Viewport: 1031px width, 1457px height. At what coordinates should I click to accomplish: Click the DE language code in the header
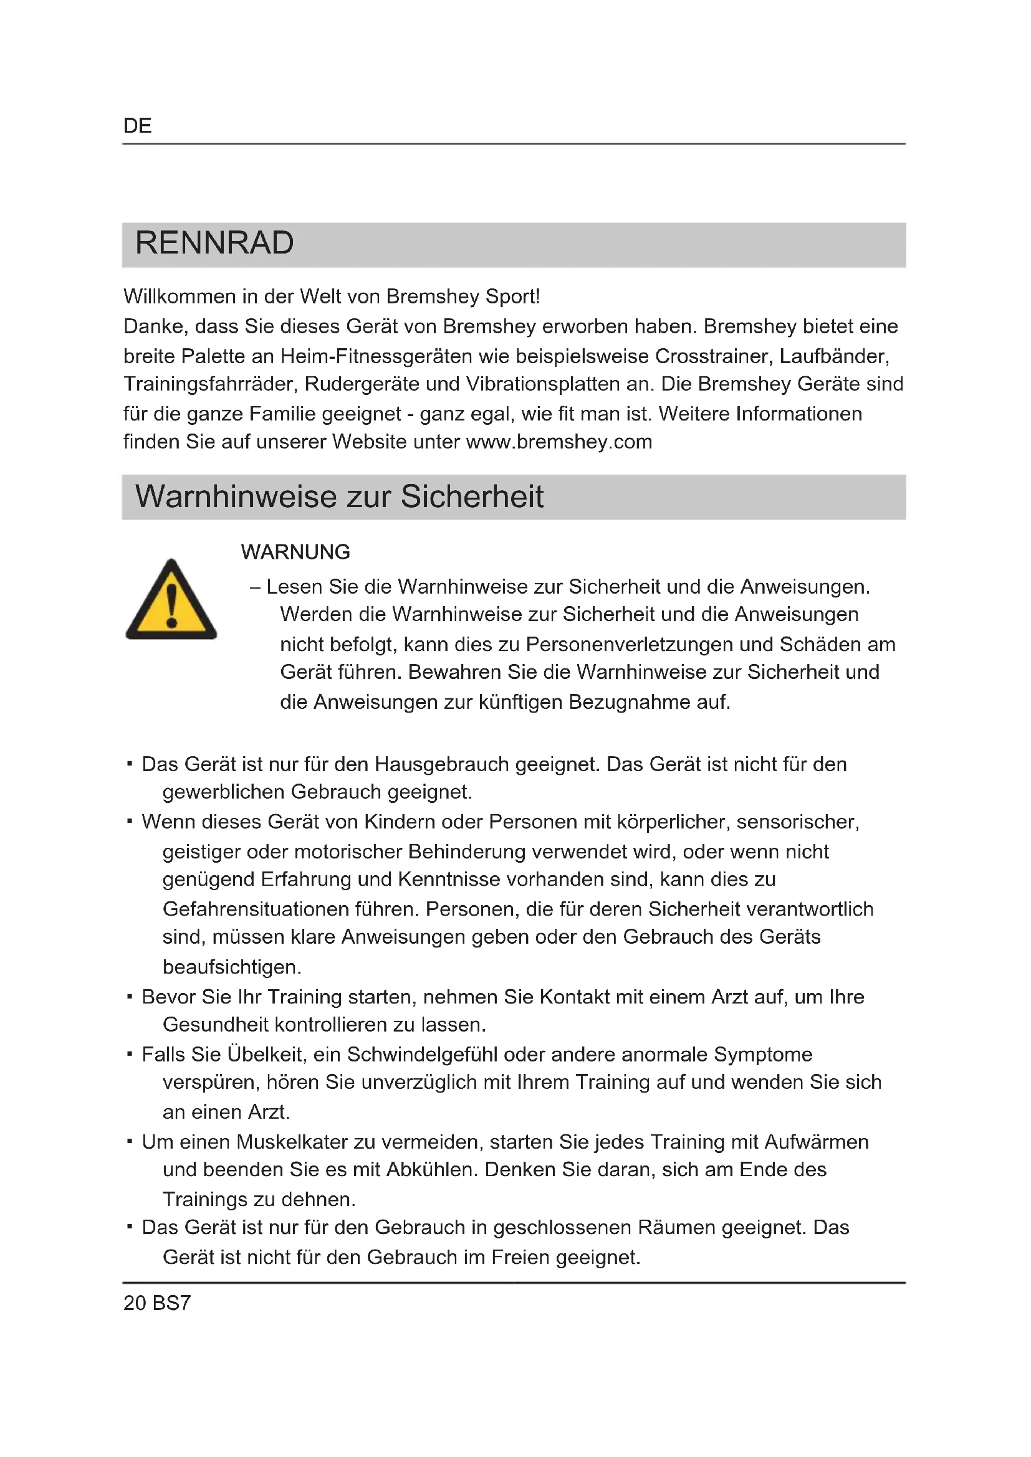pos(137,126)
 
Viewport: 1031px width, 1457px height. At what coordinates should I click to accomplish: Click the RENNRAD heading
pos(214,243)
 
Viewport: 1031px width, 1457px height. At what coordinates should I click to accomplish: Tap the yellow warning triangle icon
pos(171,600)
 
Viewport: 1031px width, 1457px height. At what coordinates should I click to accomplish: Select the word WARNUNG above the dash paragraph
pos(295,552)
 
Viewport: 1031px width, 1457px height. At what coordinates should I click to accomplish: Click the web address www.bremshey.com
pos(559,442)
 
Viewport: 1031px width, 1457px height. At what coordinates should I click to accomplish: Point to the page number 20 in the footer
pos(135,1303)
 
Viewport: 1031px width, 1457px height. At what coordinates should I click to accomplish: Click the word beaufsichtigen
pos(232,967)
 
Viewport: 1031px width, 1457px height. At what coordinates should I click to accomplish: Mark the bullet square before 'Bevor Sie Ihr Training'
pos(130,996)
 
